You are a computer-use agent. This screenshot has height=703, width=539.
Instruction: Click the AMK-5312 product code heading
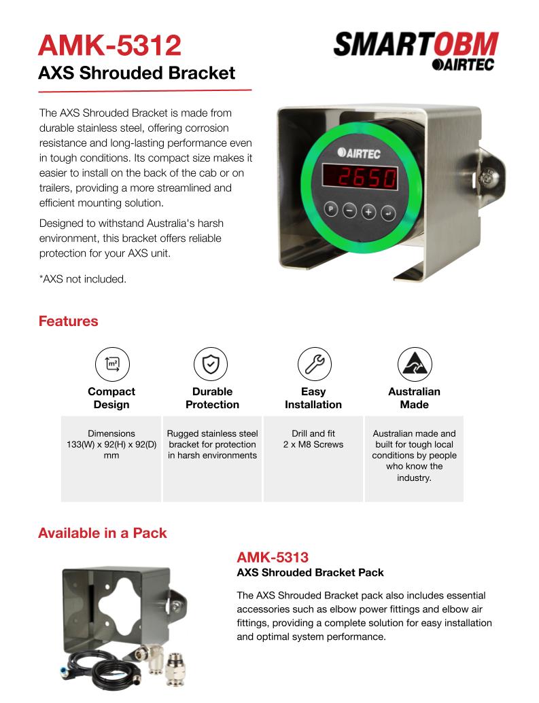pyautogui.click(x=110, y=46)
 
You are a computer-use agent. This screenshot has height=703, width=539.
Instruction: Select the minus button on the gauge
pyautogui.click(x=349, y=210)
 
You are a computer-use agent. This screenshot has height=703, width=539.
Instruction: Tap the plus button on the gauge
pyautogui.click(x=368, y=211)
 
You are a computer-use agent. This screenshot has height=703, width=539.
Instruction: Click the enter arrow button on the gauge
pyautogui.click(x=387, y=213)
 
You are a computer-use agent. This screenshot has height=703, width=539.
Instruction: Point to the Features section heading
pyautogui.click(x=68, y=321)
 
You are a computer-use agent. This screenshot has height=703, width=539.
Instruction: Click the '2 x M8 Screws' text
pyautogui.click(x=313, y=445)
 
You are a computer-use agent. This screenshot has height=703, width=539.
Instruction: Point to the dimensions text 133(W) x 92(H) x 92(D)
pyautogui.click(x=111, y=444)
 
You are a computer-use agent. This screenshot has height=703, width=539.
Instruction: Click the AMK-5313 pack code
pyautogui.click(x=273, y=558)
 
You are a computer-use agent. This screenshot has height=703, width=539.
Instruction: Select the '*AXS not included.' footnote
pyautogui.click(x=82, y=279)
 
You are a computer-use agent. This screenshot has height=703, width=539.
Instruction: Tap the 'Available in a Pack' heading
pyautogui.click(x=103, y=533)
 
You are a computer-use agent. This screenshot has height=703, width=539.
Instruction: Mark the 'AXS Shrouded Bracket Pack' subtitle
pyautogui.click(x=310, y=573)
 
